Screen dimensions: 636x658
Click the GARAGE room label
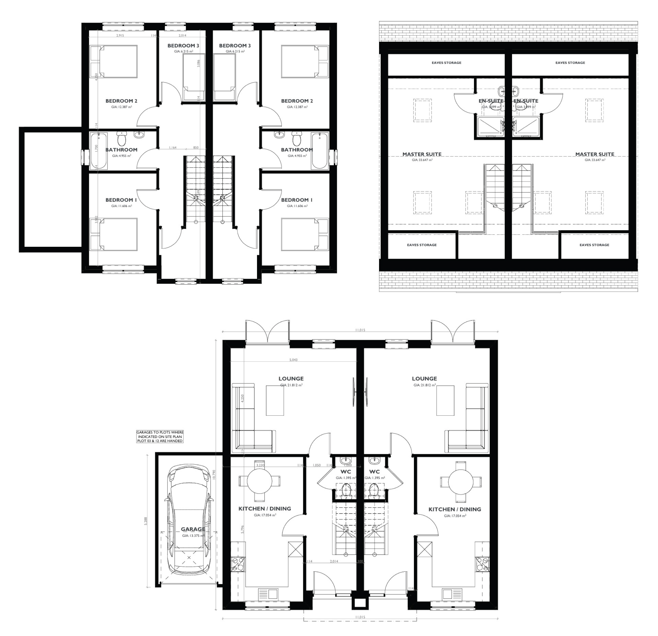coord(193,529)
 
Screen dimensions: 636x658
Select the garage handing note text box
coord(160,436)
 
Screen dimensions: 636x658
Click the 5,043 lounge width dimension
coord(293,360)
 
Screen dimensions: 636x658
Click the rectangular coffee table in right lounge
coord(445,400)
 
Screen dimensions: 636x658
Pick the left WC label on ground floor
coord(345,472)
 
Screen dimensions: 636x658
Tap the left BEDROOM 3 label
coord(183,46)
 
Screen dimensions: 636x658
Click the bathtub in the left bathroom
coord(98,151)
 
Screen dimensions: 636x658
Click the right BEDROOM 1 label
coord(297,200)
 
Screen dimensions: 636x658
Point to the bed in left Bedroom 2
coord(114,61)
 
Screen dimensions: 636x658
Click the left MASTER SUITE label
coord(422,154)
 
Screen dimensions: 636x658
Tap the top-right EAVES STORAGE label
coord(570,63)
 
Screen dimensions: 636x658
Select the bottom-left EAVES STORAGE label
coord(422,245)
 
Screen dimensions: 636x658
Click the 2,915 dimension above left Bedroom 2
coord(120,35)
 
